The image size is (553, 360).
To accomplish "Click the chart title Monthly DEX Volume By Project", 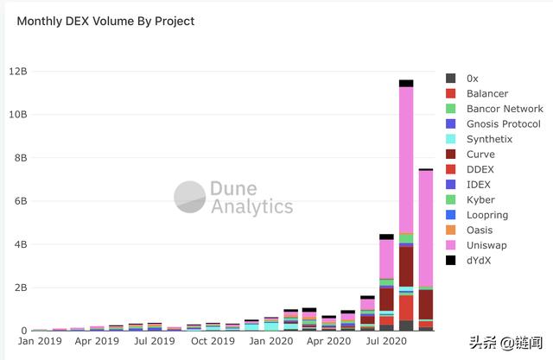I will pyautogui.click(x=106, y=21).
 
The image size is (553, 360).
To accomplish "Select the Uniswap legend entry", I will pyautogui.click(x=486, y=245).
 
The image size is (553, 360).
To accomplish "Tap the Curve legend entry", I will pyautogui.click(x=480, y=155).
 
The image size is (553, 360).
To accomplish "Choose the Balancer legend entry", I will pyautogui.click(x=487, y=93).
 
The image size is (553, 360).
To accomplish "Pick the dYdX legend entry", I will pyautogui.click(x=480, y=260).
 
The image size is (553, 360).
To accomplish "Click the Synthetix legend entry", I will pyautogui.click(x=489, y=139).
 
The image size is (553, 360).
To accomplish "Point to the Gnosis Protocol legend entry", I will pyautogui.click(x=503, y=123).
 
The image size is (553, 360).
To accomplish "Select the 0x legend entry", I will pyautogui.click(x=473, y=79).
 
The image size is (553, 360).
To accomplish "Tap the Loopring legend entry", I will pyautogui.click(x=486, y=215).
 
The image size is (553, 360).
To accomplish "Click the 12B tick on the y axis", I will pyautogui.click(x=17, y=72).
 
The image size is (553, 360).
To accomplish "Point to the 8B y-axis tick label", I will pyautogui.click(x=20, y=158).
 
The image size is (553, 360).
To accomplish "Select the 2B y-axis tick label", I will pyautogui.click(x=20, y=287).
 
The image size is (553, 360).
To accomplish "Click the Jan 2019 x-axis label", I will pyautogui.click(x=39, y=342).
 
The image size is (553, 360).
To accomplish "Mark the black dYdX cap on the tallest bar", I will pyautogui.click(x=405, y=84).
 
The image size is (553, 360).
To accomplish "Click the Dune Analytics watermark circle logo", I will pyautogui.click(x=189, y=197).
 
